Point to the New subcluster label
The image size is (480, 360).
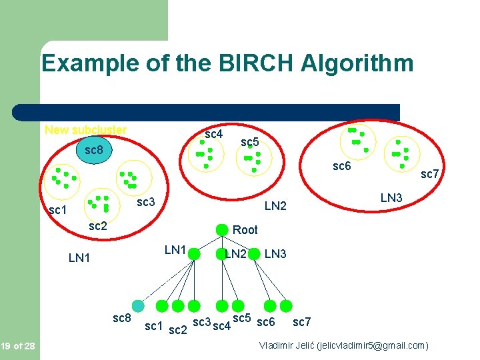(x=85, y=130)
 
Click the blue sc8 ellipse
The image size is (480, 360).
(x=93, y=150)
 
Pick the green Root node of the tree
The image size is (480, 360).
(x=222, y=230)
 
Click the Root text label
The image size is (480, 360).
(x=245, y=230)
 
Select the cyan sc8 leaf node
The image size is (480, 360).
(x=138, y=306)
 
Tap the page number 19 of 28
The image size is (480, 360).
(x=19, y=345)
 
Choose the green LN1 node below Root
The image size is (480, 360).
(x=195, y=253)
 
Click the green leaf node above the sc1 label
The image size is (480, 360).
(x=162, y=306)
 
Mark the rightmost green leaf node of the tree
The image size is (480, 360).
(x=285, y=306)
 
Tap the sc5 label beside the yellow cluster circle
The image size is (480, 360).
(x=249, y=142)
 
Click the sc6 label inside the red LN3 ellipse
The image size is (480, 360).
(x=341, y=167)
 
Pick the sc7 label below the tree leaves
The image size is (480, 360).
(x=301, y=323)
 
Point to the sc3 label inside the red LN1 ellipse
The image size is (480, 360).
(x=145, y=202)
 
